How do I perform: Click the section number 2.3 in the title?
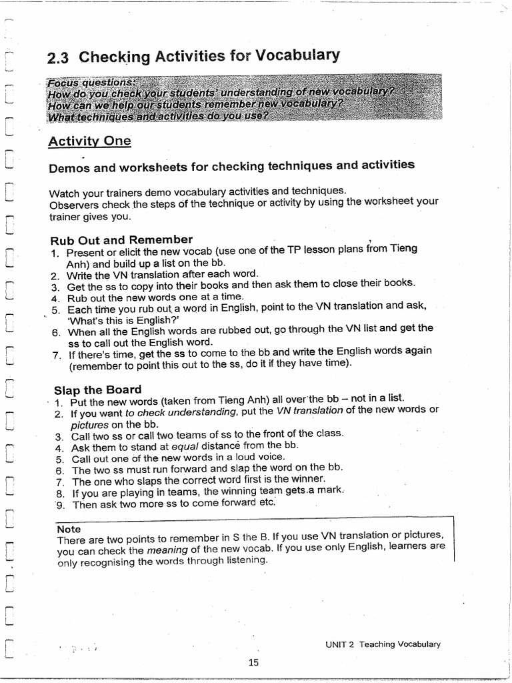click(59, 58)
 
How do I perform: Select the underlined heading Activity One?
click(89, 141)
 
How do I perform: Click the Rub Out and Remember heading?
click(121, 239)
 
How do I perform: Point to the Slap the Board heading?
click(97, 390)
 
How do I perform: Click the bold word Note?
click(69, 528)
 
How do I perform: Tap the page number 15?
click(253, 662)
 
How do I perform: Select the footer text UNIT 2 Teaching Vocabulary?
click(383, 644)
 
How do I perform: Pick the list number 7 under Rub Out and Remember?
click(57, 355)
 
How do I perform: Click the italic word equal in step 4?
click(185, 446)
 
